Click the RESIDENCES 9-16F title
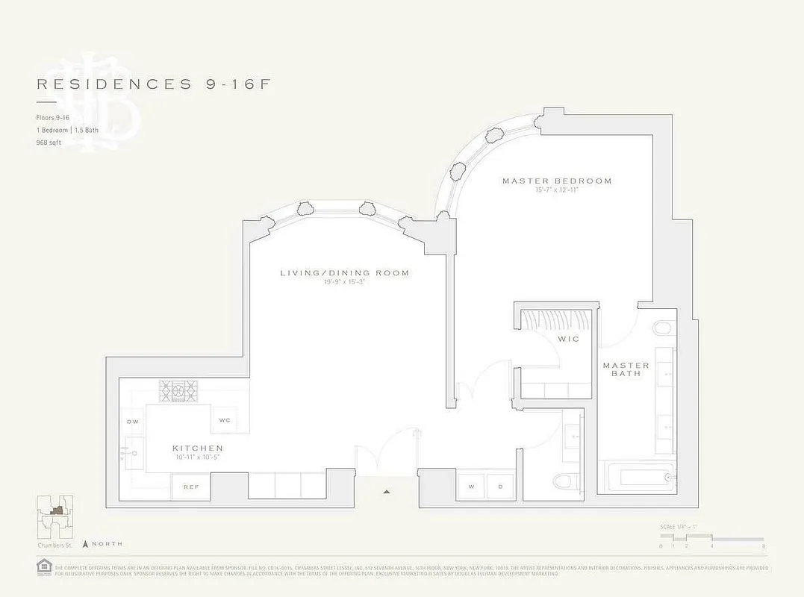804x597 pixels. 153,84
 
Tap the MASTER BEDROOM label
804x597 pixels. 556,181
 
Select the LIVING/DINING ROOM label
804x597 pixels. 344,273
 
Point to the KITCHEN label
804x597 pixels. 198,448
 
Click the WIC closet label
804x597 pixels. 569,339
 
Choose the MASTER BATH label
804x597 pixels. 626,369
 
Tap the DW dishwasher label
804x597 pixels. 132,422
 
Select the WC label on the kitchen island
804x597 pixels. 225,420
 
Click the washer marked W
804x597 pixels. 472,487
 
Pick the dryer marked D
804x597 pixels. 500,487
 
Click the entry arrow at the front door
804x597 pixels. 387,492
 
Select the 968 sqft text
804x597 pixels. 48,141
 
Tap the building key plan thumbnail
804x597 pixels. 54,514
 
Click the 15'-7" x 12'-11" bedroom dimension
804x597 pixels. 556,191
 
